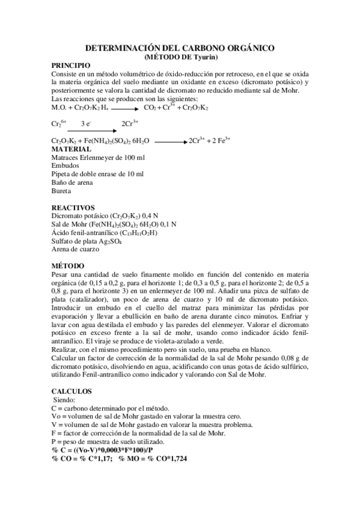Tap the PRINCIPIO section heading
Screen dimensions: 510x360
click(x=71, y=64)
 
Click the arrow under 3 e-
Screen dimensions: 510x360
click(x=88, y=130)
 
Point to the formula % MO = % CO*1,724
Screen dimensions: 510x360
click(x=153, y=459)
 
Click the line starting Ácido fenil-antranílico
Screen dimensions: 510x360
click(x=104, y=232)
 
